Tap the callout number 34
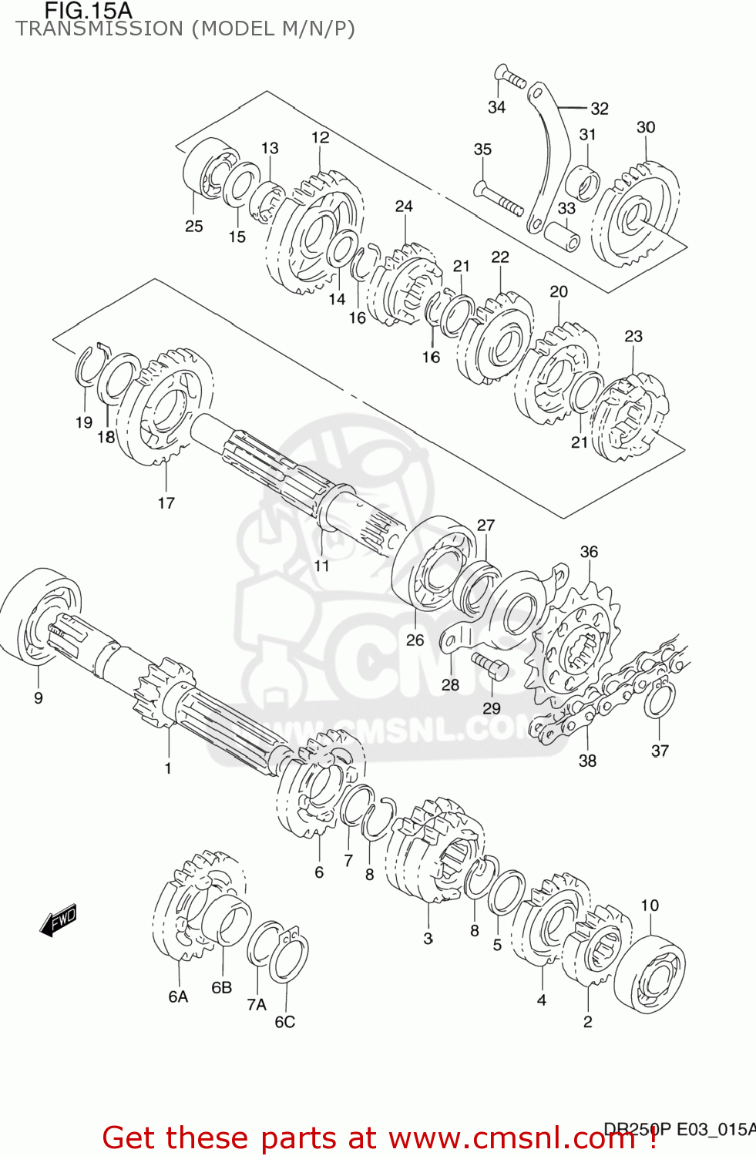(x=496, y=107)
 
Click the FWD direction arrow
(x=59, y=919)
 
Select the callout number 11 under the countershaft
(x=321, y=566)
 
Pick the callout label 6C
(x=284, y=1022)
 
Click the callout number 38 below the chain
(x=587, y=761)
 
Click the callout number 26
(x=415, y=640)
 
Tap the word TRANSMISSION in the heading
(x=99, y=29)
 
